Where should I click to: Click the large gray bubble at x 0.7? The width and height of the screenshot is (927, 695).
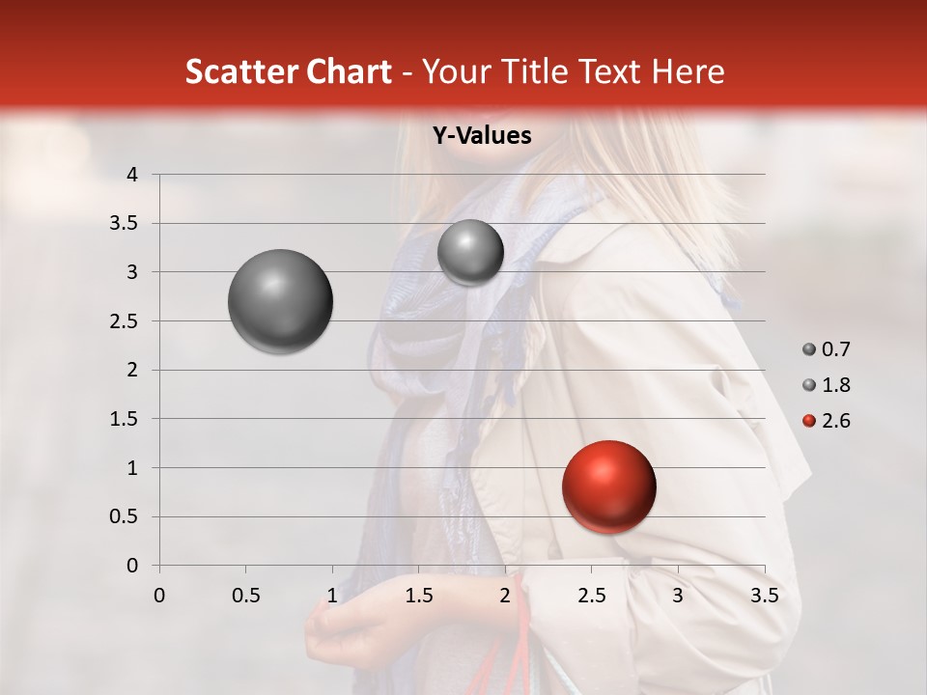(x=280, y=301)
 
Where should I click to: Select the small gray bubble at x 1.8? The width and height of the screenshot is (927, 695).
(x=470, y=252)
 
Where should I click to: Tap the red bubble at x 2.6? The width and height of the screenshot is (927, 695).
(x=608, y=486)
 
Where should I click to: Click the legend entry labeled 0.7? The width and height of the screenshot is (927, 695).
(x=827, y=349)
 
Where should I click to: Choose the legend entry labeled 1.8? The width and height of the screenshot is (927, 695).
(x=827, y=385)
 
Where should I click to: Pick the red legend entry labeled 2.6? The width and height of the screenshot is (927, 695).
(x=827, y=421)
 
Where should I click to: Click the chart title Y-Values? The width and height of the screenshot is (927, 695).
(x=482, y=136)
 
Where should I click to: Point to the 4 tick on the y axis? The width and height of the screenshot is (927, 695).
(x=132, y=175)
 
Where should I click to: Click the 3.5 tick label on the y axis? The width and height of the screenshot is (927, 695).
(x=125, y=224)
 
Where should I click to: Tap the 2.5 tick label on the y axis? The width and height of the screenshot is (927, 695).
(x=125, y=321)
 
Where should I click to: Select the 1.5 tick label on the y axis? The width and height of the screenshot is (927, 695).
(x=125, y=419)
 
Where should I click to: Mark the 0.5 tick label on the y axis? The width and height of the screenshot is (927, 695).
(x=125, y=516)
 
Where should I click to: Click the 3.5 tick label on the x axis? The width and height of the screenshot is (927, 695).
(x=764, y=596)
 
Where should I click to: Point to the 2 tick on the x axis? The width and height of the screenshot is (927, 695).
(x=505, y=596)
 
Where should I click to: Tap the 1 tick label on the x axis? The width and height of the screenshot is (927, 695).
(x=332, y=596)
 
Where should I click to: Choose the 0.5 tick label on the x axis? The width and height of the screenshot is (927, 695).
(x=245, y=596)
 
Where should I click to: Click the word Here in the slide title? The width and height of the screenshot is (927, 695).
(x=688, y=71)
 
